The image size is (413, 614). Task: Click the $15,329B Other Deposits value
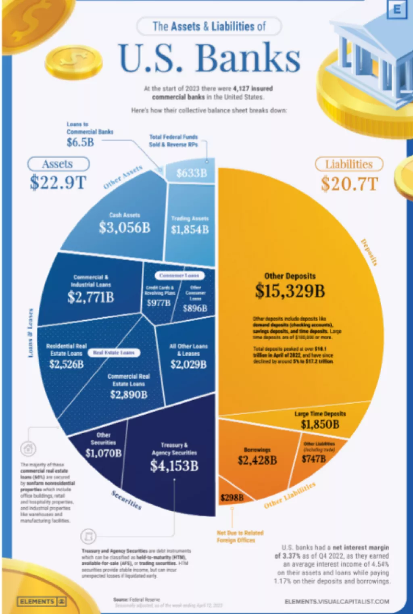[290, 290]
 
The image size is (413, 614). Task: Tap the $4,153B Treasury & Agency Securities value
[174, 466]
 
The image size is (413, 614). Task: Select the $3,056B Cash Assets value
[125, 228]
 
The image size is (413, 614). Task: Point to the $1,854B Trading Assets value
[190, 230]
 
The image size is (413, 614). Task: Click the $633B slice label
[191, 173]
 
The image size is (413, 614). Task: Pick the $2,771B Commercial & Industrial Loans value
[91, 297]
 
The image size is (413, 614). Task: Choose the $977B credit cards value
[159, 303]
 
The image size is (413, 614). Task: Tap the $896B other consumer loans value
[195, 308]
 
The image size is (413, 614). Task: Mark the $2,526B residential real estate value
[67, 364]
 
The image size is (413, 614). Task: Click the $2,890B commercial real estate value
[129, 394]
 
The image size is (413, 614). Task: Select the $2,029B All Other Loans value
[188, 364]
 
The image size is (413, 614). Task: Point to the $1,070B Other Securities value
[103, 453]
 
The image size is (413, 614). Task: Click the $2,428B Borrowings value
[257, 460]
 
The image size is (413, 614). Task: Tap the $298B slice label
[232, 497]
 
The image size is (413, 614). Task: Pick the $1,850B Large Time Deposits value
[320, 424]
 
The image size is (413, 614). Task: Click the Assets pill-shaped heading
[58, 164]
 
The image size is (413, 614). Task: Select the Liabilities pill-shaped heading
[349, 164]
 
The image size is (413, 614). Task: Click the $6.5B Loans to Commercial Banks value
[80, 142]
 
